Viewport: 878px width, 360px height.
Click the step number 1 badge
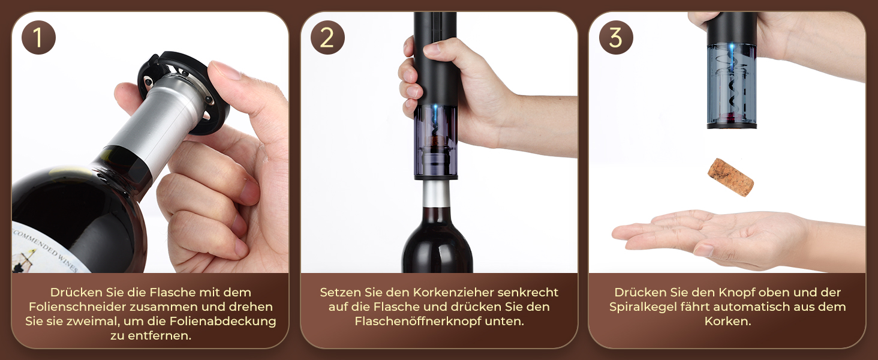[38, 38]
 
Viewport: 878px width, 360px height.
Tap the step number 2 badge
[327, 38]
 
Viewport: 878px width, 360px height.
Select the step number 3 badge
[616, 38]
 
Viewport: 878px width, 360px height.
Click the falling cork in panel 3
[730, 177]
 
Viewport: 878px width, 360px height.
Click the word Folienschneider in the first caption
[77, 307]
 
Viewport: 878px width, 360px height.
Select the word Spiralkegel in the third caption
[642, 307]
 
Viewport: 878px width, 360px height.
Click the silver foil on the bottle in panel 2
[436, 194]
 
